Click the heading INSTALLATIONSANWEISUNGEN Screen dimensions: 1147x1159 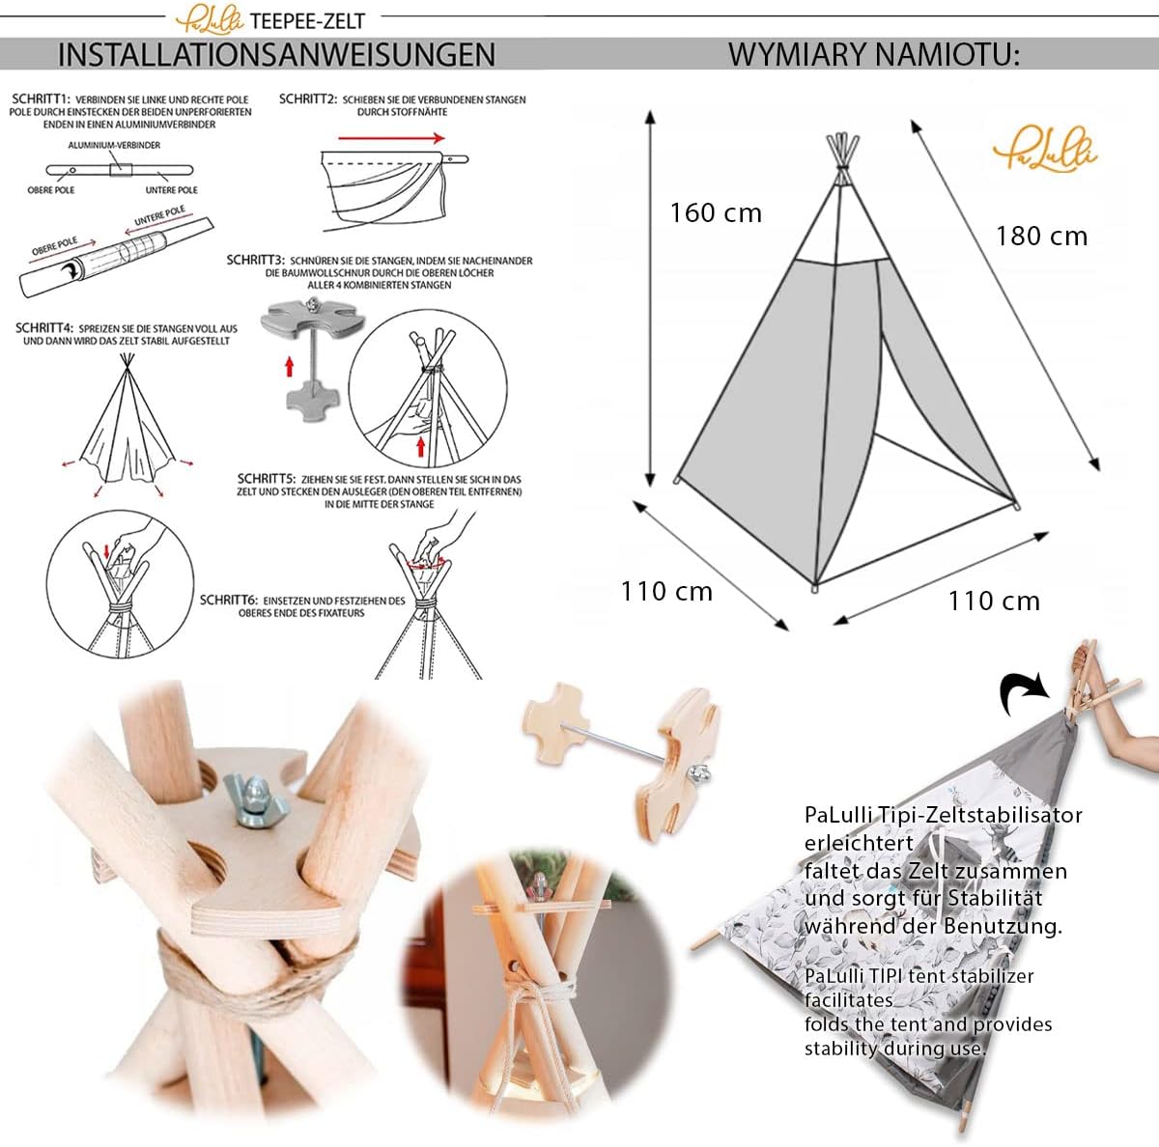coord(276,54)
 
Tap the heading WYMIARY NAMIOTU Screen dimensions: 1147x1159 coord(873,54)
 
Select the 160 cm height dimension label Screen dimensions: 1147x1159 coord(716,212)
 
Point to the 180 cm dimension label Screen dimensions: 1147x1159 coord(1041,236)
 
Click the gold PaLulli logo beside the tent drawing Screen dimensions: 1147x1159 coord(1045,152)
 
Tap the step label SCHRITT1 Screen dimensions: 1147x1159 coord(41,99)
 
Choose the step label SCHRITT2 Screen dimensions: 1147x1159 coord(307,99)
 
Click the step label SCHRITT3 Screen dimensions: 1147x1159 coord(255,261)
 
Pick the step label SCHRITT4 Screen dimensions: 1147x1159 coord(44,328)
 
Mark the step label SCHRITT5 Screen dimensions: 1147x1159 coord(266,479)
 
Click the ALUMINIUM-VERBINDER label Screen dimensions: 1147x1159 coord(114,145)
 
